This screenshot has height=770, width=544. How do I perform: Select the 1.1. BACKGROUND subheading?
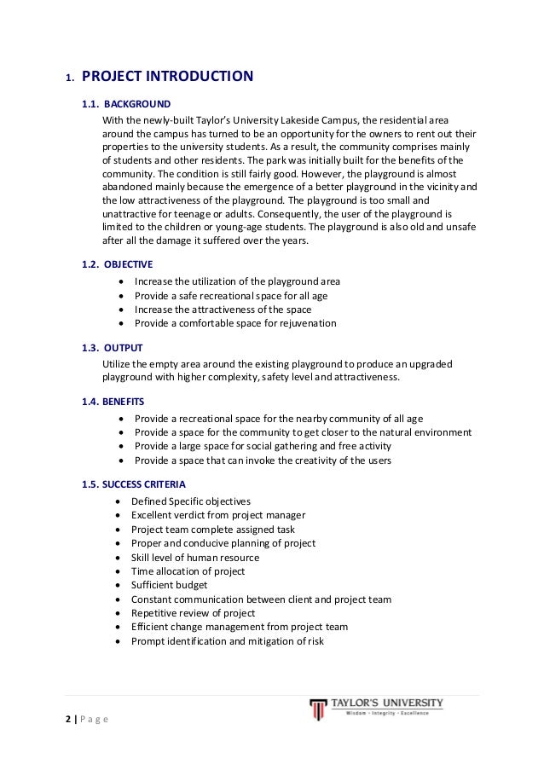tap(126, 104)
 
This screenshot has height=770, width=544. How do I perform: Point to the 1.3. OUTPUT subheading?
tap(112, 348)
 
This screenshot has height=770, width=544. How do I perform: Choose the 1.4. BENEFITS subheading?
tap(113, 401)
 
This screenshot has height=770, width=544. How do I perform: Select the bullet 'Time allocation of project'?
tap(188, 571)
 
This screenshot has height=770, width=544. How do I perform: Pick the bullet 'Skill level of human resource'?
tap(195, 558)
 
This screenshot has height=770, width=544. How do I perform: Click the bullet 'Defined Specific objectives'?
tap(191, 501)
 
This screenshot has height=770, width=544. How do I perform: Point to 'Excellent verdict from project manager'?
tap(218, 515)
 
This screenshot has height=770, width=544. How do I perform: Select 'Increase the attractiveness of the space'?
tap(223, 310)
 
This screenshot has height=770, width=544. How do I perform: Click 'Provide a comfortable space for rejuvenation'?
tap(235, 323)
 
